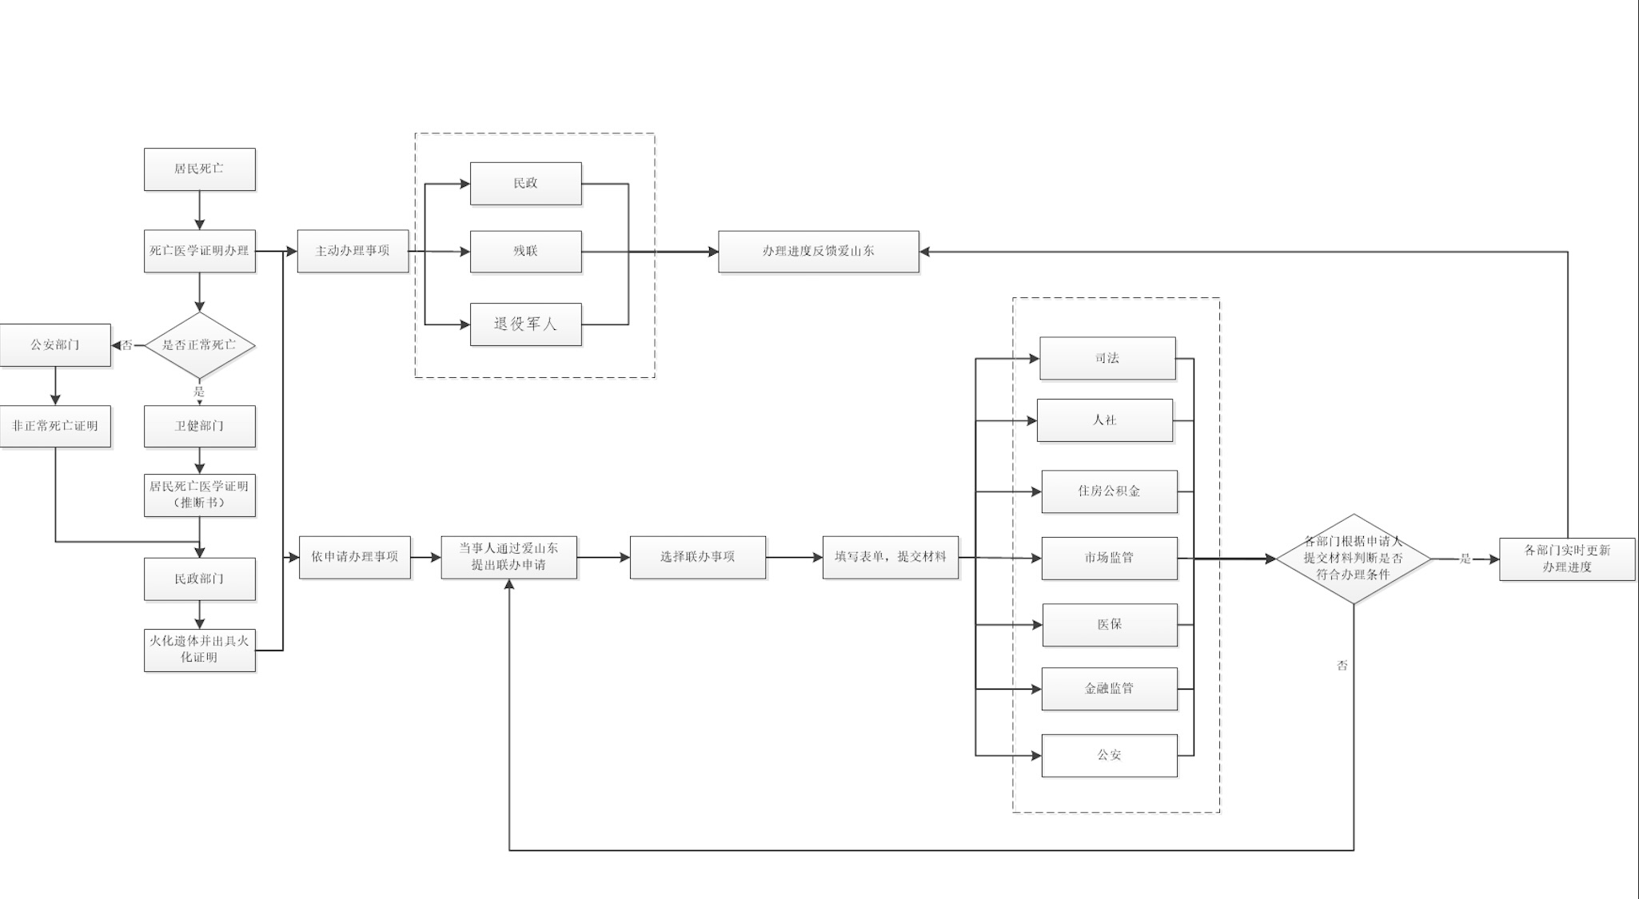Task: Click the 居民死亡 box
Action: (199, 169)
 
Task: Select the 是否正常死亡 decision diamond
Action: (199, 345)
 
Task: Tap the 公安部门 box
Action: (55, 345)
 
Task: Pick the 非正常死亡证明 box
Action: (55, 427)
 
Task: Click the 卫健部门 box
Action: (199, 427)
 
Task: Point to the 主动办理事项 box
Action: (353, 251)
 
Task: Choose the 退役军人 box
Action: (525, 324)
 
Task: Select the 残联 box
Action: (525, 252)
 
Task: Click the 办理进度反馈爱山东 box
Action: (818, 252)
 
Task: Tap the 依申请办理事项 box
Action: (355, 557)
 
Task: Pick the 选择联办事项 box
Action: (697, 557)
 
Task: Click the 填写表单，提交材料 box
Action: (890, 557)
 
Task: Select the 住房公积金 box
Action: (1109, 491)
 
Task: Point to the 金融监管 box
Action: (1109, 689)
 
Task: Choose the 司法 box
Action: (1107, 359)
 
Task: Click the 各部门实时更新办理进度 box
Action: (1566, 559)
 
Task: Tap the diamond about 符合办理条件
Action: (1353, 559)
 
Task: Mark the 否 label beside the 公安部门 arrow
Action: (127, 346)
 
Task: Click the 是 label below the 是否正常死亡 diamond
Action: (199, 392)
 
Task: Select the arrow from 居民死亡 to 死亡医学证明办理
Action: (199, 211)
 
